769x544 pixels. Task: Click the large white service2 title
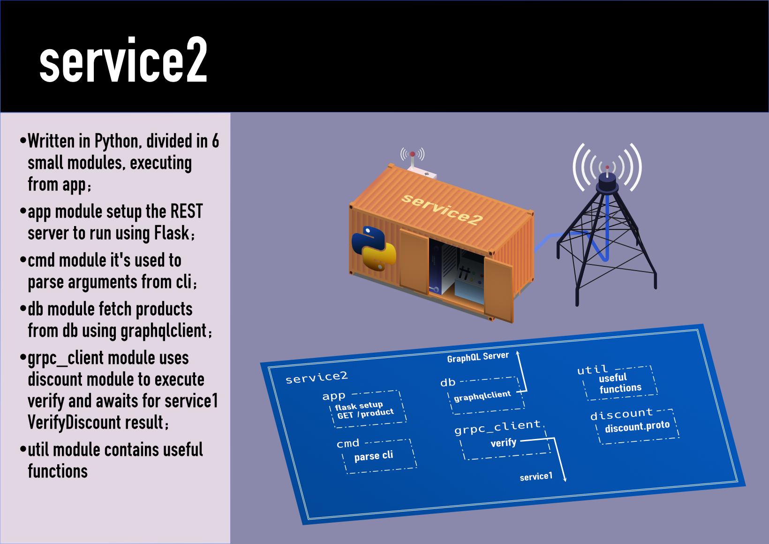click(x=123, y=61)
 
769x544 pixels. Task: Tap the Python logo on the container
click(x=374, y=249)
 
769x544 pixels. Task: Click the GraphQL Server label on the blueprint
click(x=477, y=357)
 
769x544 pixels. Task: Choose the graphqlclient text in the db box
click(x=482, y=396)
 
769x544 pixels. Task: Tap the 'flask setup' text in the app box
click(x=359, y=406)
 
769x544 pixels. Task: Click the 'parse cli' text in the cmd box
click(x=373, y=456)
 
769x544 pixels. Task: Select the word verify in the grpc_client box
click(x=503, y=443)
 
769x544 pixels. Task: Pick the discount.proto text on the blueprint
click(x=637, y=427)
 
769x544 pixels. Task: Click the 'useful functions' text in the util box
click(x=619, y=383)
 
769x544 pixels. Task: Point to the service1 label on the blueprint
click(x=535, y=477)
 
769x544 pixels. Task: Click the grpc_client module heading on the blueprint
click(x=497, y=427)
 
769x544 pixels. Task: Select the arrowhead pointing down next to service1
click(x=565, y=479)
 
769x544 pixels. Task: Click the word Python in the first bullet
click(x=116, y=141)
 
